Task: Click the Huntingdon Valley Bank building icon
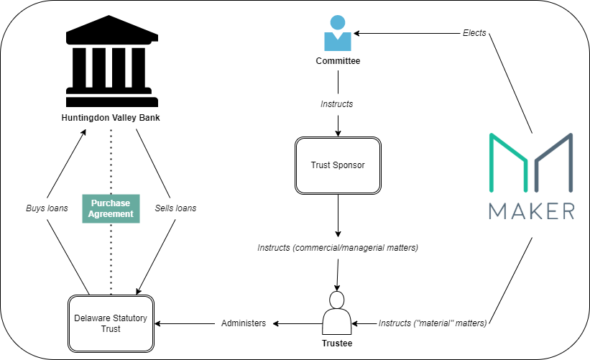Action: [112, 61]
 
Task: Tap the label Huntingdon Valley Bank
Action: [111, 118]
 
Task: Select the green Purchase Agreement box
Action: [111, 209]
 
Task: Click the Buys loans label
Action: [47, 208]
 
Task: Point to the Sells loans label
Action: [175, 208]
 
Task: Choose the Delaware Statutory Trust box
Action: [111, 323]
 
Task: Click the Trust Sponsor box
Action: [338, 165]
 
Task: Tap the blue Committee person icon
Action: [338, 33]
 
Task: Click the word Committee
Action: [338, 61]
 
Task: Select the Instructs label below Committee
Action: [337, 104]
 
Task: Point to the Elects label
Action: [474, 33]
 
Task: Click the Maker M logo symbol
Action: [531, 162]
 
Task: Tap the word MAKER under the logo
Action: [532, 211]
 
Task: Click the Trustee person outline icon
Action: [337, 313]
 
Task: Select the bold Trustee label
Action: [337, 343]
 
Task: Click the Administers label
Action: [244, 323]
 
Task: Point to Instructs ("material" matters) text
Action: [433, 323]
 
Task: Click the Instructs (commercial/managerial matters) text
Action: [338, 248]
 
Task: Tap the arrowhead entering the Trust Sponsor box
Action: [338, 133]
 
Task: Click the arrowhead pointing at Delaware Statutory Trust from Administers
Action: [157, 323]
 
